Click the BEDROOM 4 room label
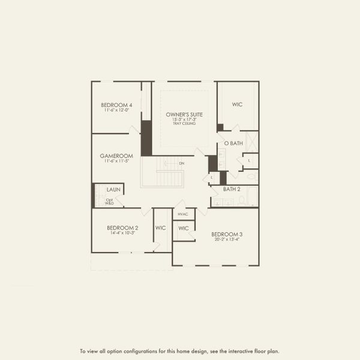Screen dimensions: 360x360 coord(118,105)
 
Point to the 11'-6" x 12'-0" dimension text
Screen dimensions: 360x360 coord(118,110)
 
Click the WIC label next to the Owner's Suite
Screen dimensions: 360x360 coord(237,104)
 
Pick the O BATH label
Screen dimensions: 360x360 coord(233,143)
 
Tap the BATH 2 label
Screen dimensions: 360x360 coord(232,189)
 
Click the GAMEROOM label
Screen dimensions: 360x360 coord(116,156)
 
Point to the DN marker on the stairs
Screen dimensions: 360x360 coord(181,163)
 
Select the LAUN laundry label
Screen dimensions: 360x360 coord(113,190)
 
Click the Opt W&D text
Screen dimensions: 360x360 coord(110,202)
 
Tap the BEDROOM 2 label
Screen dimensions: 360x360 coord(122,227)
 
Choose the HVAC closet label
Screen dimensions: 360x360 coord(184,214)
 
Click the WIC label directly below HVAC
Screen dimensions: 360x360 coord(184,228)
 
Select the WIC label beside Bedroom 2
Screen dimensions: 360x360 coord(160,227)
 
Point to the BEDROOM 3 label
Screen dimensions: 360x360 coord(226,233)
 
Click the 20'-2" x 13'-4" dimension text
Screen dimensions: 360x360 coord(226,239)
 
